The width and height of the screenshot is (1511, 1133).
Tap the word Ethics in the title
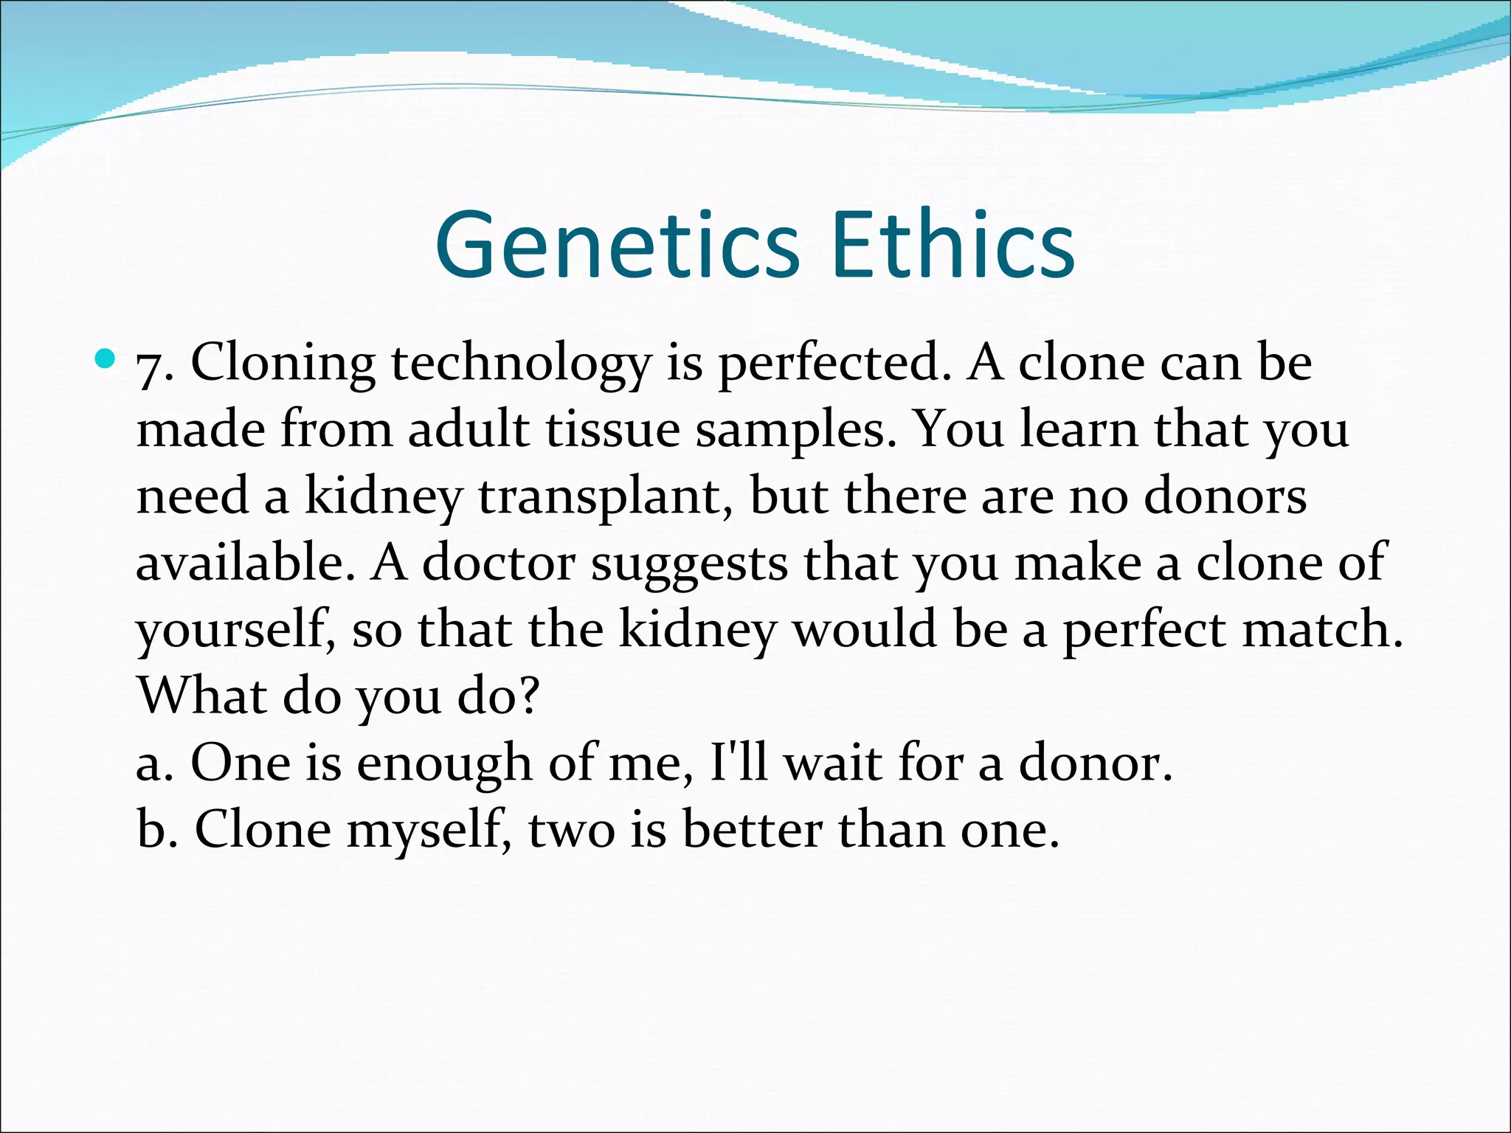point(952,246)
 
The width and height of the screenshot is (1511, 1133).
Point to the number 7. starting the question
point(155,365)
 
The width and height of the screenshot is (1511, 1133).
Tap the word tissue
point(612,430)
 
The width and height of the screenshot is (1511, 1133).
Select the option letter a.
point(152,763)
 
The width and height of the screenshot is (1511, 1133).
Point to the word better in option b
point(752,829)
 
